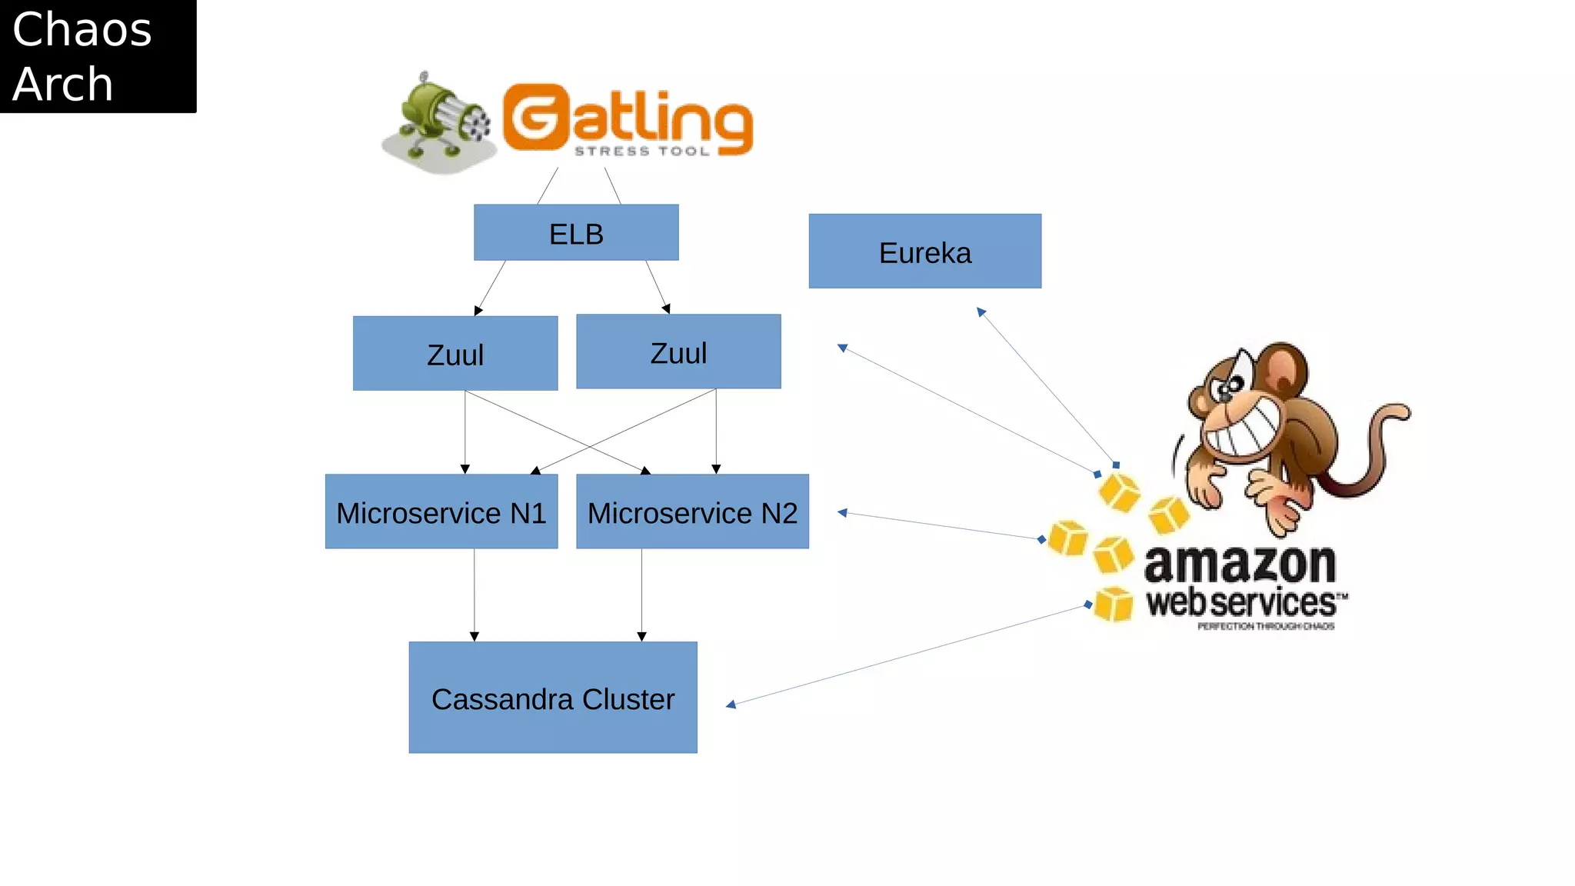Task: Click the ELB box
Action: coord(576,233)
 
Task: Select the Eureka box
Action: coord(924,251)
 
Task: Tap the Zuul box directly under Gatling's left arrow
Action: coord(455,354)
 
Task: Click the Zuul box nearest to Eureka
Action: coord(678,352)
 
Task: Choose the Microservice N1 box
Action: coord(441,512)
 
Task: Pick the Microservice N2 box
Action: coord(692,512)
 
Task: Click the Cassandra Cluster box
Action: coord(552,698)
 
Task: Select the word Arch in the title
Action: coord(63,84)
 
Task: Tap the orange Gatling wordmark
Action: coord(627,117)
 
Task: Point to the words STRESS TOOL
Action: coord(641,152)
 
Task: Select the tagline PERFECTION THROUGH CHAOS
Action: coord(1265,627)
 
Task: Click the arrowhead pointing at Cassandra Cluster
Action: coord(731,704)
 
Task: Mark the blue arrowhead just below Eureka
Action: coord(981,312)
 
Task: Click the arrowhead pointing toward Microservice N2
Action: coord(843,512)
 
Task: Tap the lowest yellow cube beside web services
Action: coord(1113,605)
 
